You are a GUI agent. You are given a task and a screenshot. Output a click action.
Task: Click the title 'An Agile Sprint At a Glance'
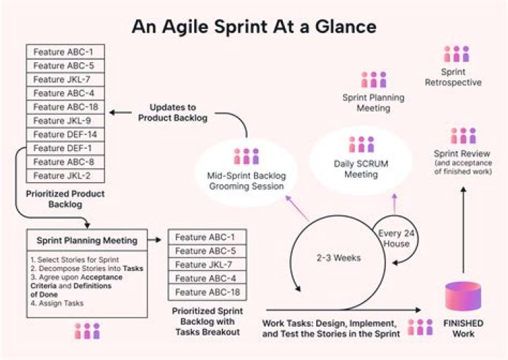[x=253, y=26]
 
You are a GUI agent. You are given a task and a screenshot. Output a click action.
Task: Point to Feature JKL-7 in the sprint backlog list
[x=205, y=264]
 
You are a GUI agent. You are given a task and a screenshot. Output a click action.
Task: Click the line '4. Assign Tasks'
[x=57, y=304]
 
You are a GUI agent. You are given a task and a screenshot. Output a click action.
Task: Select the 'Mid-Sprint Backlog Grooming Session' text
[x=245, y=181]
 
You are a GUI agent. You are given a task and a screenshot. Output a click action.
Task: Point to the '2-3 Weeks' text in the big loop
[x=339, y=258]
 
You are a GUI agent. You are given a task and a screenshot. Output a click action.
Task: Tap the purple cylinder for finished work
[x=463, y=296]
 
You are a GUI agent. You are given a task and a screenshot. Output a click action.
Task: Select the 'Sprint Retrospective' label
[x=453, y=77]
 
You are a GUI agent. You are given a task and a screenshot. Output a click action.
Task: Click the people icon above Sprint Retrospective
[x=456, y=54]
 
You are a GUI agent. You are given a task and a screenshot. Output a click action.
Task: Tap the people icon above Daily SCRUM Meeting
[x=361, y=144]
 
